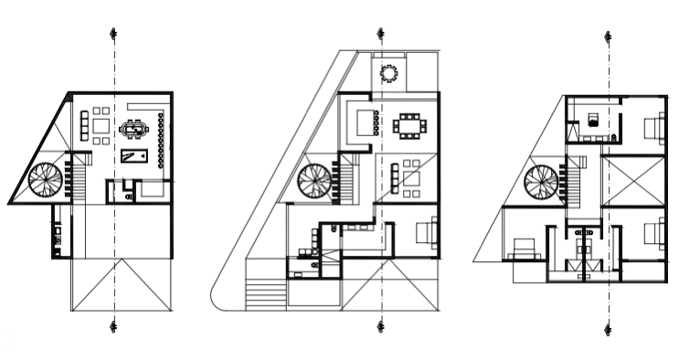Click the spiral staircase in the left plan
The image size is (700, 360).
(45, 180)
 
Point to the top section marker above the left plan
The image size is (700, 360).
(113, 34)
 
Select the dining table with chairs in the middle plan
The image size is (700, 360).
(408, 124)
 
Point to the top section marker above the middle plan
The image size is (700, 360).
(381, 34)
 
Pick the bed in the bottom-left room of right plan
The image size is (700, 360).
(525, 248)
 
